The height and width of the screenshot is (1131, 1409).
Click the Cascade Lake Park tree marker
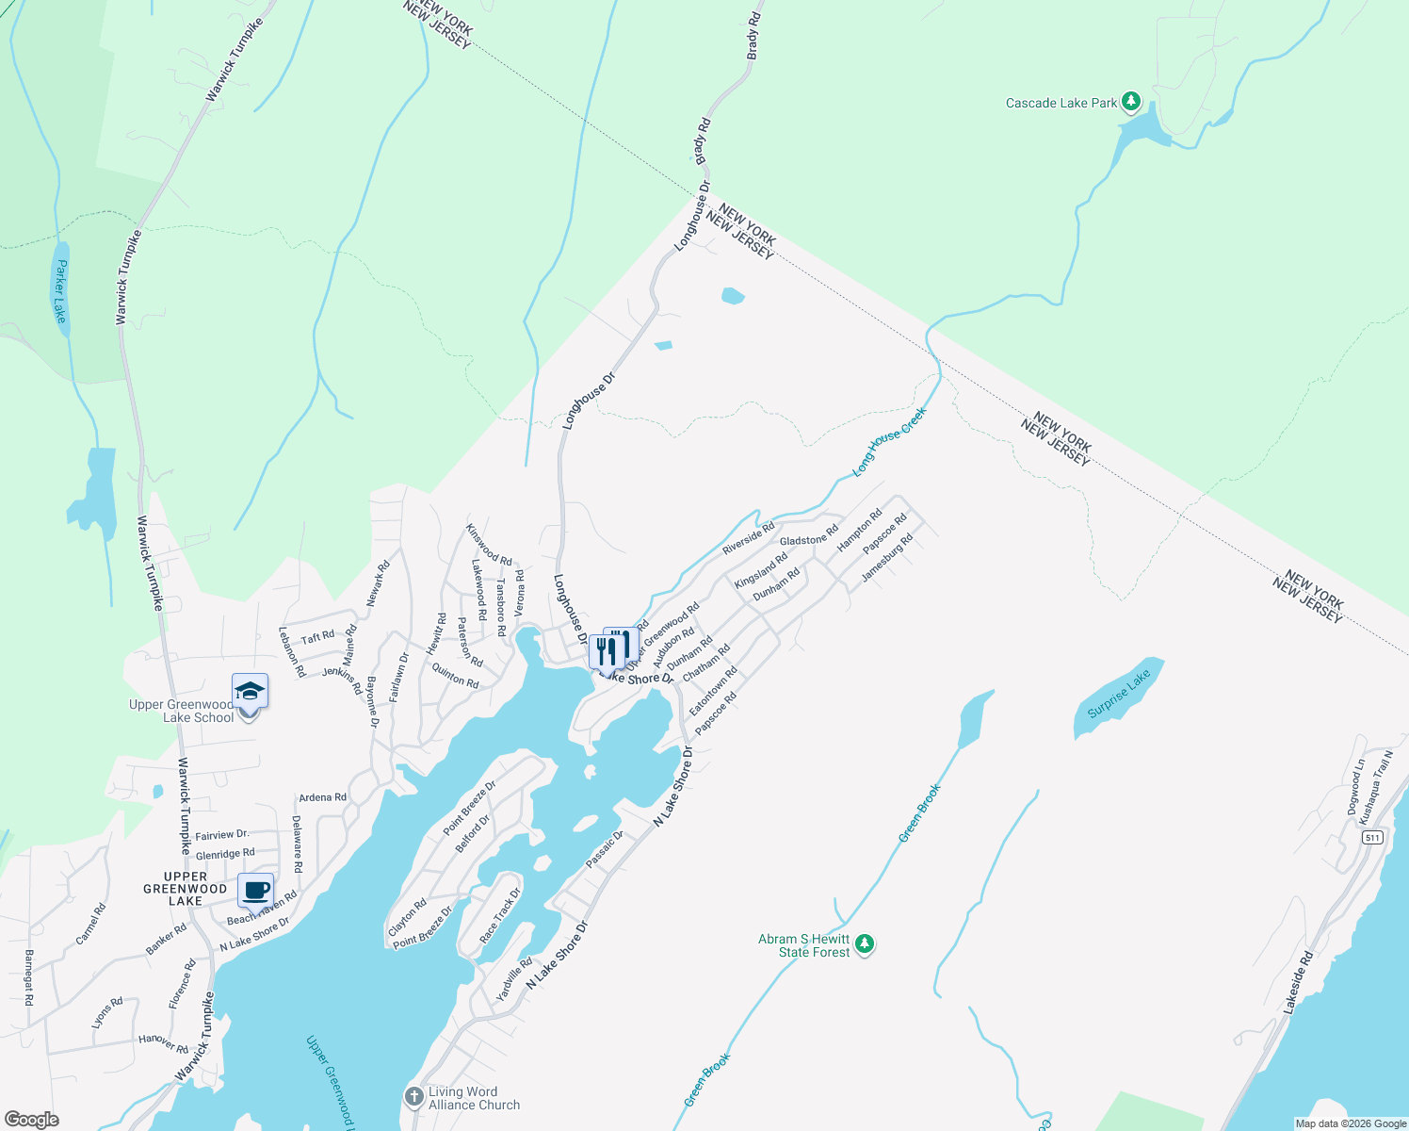pos(1131,102)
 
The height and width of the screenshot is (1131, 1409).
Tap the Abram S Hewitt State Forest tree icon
pos(865,943)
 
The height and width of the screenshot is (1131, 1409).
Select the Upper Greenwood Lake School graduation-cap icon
pos(251,693)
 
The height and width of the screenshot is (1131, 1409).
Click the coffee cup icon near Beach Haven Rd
pos(255,890)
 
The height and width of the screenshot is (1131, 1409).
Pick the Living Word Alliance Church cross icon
pos(413,1096)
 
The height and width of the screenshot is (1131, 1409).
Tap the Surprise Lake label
pos(1119,694)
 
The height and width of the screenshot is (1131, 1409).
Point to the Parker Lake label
pos(60,291)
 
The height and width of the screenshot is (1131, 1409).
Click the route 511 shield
pos(1372,837)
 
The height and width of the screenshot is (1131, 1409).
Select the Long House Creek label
pos(889,440)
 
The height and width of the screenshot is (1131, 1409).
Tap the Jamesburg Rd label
pos(887,557)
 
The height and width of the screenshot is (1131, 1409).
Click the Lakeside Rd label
pos(1296,983)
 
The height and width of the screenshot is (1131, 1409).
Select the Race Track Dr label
pos(499,915)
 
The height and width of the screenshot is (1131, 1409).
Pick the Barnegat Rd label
pos(28,977)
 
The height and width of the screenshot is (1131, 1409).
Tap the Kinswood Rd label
pos(489,545)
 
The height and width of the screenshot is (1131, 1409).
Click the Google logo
pos(32,1120)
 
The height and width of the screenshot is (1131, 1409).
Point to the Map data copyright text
pos(1351,1123)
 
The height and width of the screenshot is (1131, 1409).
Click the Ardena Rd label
pos(322,797)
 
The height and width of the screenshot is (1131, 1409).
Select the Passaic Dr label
pos(605,849)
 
